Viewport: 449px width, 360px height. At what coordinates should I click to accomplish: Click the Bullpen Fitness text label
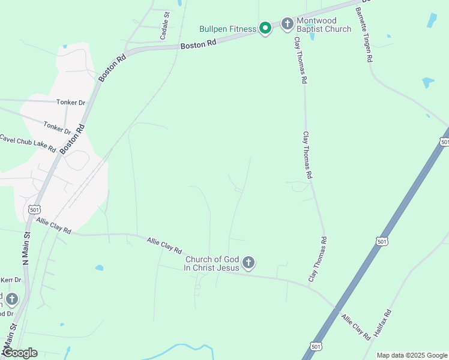point(228,29)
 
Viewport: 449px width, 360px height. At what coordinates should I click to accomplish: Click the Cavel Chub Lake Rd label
point(28,143)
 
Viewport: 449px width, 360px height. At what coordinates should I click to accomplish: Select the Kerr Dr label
point(11,280)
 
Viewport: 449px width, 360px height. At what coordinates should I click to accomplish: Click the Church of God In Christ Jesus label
point(212,263)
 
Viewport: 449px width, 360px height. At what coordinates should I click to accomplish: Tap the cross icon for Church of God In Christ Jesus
point(249,263)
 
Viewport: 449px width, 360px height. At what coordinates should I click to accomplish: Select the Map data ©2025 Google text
point(412,355)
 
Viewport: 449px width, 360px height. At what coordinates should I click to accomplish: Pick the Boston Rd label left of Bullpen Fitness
point(198,45)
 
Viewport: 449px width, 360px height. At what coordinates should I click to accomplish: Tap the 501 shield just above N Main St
point(34,209)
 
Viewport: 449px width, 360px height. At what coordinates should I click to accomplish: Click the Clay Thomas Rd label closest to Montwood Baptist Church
point(300,60)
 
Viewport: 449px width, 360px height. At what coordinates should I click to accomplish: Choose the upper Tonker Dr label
point(71,103)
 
